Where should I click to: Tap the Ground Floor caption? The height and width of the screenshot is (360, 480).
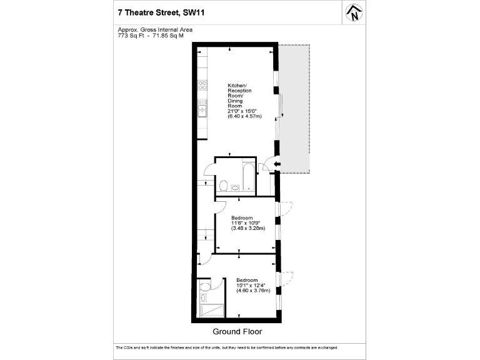pos(237,331)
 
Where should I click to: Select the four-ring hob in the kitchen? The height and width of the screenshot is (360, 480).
pos(202,85)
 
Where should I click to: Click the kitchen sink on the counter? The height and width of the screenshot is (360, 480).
pos(202,111)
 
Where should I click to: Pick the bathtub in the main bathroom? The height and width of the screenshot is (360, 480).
pos(248,177)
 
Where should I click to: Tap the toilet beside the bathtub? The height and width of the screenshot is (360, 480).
pos(223,185)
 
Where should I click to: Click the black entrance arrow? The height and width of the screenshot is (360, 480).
pos(277,165)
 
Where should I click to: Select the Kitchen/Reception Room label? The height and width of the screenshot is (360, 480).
pos(237,95)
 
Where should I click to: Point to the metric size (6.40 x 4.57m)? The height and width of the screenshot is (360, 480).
pos(244,116)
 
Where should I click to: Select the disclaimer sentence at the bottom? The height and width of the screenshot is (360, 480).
pos(227,347)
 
